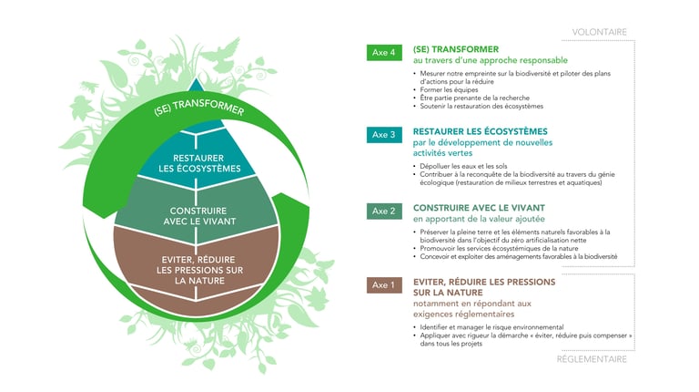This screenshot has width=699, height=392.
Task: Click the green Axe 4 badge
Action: [384, 52]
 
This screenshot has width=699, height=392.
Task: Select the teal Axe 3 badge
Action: [384, 134]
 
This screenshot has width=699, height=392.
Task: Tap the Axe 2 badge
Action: [384, 211]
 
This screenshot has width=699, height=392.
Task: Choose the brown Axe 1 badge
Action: [384, 284]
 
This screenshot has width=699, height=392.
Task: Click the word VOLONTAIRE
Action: [599, 32]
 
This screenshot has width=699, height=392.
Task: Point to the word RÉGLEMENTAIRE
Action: [592, 359]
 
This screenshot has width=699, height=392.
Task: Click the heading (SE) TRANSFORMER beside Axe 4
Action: [456, 49]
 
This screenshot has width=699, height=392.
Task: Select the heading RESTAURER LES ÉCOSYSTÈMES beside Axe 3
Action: [481, 131]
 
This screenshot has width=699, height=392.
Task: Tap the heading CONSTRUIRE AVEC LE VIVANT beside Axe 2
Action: [479, 208]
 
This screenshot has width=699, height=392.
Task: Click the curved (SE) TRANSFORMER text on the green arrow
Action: [198, 108]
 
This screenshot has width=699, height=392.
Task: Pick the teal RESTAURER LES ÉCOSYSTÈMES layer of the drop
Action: [199, 163]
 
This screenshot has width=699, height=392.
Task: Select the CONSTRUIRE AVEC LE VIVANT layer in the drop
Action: [198, 216]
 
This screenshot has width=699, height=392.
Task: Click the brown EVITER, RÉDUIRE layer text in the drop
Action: [199, 270]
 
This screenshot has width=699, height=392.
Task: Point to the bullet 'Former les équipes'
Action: [442, 89]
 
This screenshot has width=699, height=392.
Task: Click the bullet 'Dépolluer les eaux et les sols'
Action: [463, 166]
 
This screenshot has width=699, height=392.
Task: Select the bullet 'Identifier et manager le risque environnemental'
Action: [491, 327]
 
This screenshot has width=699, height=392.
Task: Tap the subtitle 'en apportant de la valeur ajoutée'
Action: [479, 219]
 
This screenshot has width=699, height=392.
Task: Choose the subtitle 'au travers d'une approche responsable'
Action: [491, 60]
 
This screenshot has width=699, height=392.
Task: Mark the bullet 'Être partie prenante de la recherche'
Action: [474, 98]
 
